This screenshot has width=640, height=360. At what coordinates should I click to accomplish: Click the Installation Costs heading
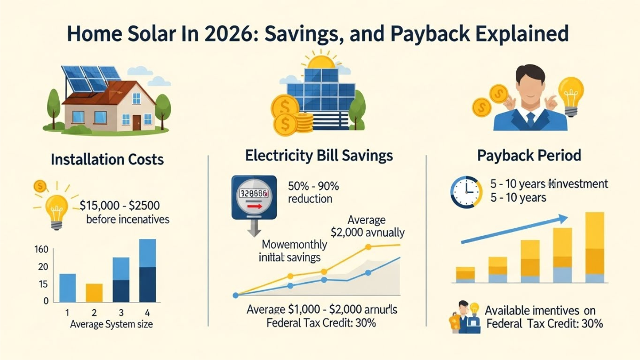(107, 159)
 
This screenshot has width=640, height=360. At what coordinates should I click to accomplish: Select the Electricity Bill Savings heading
(318, 156)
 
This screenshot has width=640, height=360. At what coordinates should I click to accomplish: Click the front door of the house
(137, 122)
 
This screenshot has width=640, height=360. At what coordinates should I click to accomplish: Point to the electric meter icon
(254, 196)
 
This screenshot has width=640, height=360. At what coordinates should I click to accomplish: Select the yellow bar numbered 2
(94, 292)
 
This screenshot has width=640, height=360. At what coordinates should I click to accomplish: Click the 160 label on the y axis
(42, 250)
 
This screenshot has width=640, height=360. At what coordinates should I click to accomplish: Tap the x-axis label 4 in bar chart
(147, 313)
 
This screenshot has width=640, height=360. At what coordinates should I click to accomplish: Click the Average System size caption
(112, 324)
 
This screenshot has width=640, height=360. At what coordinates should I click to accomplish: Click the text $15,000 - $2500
(119, 205)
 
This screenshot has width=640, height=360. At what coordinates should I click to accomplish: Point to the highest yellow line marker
(368, 247)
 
